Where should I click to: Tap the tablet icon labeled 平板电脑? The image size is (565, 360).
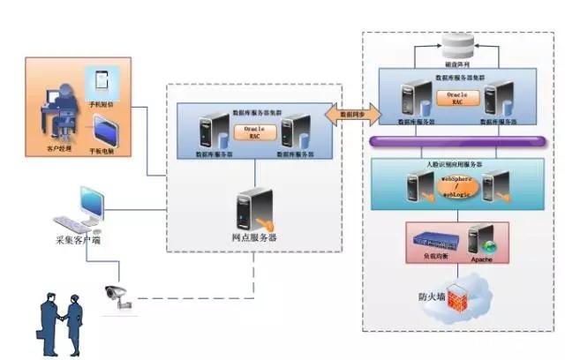pyautogui.click(x=106, y=131)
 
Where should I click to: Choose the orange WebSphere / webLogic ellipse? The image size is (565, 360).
pyautogui.click(x=457, y=188)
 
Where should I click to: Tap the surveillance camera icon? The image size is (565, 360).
pyautogui.click(x=117, y=295)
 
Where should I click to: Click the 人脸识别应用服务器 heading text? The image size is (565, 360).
pyautogui.click(x=456, y=163)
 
